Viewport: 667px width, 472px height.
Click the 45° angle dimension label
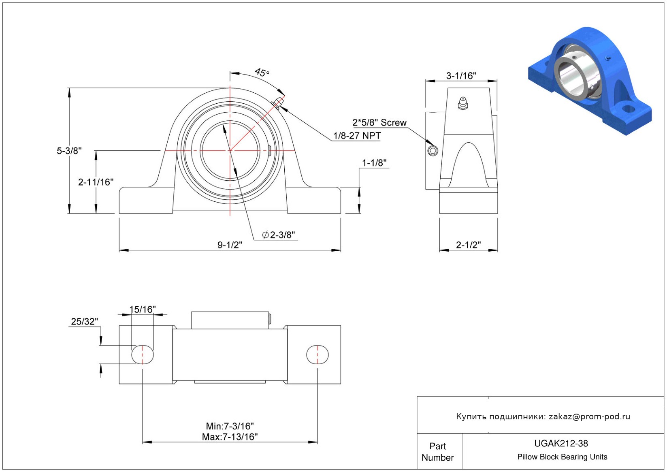pos(262,73)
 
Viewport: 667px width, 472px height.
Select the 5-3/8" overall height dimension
pos(69,151)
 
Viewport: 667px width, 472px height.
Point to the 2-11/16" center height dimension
pos(96,182)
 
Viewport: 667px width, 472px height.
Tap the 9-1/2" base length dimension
pos(230,245)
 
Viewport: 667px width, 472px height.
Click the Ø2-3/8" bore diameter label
pos(279,235)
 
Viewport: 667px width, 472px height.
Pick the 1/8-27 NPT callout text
pos(357,136)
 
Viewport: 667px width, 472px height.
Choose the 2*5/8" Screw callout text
pos(379,122)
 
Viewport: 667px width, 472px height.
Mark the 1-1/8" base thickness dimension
pos(374,163)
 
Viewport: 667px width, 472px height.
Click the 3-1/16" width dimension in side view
pos(461,76)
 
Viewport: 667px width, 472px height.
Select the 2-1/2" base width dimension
pos(469,245)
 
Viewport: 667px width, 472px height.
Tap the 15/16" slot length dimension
pos(142,310)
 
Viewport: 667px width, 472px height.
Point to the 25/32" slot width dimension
pos(84,321)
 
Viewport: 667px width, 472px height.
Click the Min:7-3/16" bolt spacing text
pos(230,426)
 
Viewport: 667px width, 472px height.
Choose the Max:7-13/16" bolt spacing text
pos(230,437)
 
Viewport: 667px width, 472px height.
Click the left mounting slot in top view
pos(143,355)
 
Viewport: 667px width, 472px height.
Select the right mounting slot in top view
pos(318,355)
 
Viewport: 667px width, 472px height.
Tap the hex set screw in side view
pos(433,151)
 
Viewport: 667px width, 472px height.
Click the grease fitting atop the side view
pos(463,103)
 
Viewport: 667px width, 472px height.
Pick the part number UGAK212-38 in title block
pos(561,443)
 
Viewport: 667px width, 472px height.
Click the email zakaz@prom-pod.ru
pos(589,416)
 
